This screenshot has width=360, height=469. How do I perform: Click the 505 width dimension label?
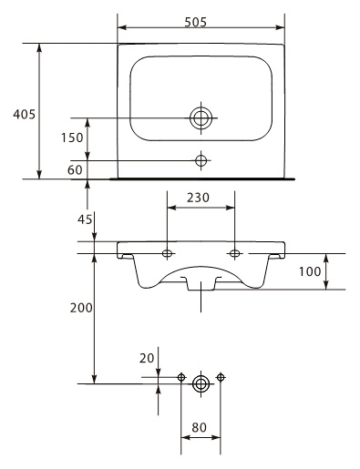tap(196, 22)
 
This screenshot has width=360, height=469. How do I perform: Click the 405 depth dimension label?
tap(24, 115)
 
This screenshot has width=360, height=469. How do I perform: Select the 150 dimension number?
tap(72, 138)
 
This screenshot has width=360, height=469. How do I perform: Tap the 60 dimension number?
tap(75, 170)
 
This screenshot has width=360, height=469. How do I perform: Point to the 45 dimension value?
tap(85, 219)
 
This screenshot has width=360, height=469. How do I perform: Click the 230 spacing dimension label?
tap(198, 198)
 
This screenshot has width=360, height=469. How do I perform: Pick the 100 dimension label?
tap(310, 271)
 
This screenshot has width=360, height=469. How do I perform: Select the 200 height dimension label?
tap(81, 308)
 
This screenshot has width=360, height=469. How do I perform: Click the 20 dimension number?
tap(147, 359)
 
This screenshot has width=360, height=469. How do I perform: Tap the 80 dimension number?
tap(199, 428)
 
